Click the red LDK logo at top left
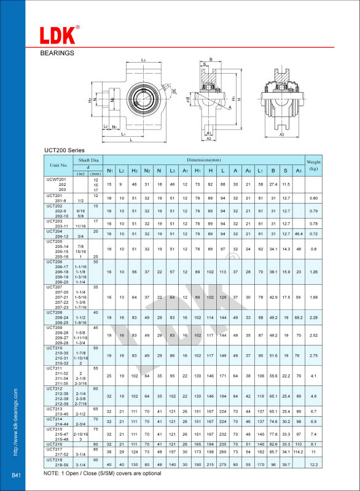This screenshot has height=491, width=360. click(59, 35)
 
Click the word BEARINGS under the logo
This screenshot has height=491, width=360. click(57, 53)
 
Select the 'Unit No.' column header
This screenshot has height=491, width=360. click(59, 165)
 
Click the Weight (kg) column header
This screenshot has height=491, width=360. click(314, 164)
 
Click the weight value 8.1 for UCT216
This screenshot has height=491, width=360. click(314, 443)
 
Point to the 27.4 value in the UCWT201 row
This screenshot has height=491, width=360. click(274, 184)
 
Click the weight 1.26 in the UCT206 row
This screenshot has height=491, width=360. click(314, 271)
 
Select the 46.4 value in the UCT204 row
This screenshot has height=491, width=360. click(299, 234)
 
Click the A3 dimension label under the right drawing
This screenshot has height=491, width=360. click(281, 134)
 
